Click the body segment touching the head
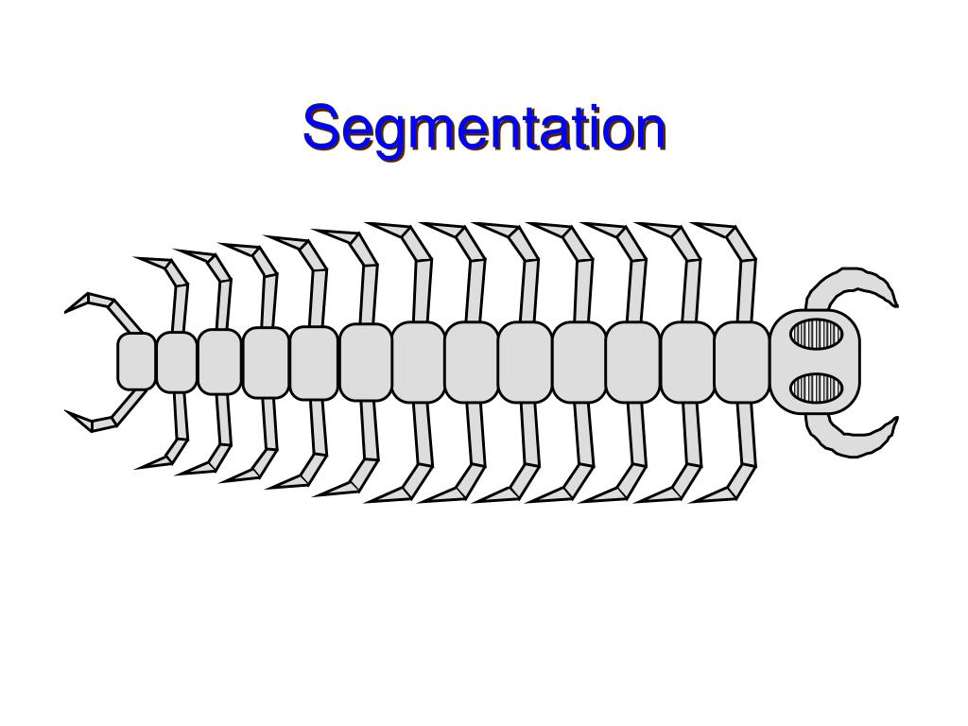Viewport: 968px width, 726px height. pos(742,361)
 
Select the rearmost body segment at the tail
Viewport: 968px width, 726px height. pos(136,361)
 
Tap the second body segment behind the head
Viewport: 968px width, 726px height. pos(687,361)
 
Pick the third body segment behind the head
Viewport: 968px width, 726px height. pos(633,361)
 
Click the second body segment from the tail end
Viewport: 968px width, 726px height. pos(176,361)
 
